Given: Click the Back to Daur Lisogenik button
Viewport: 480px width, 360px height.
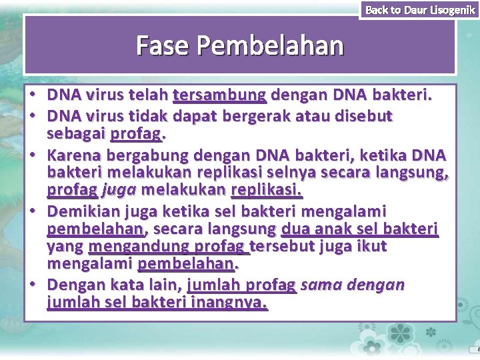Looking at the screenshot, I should pyautogui.click(x=419, y=9).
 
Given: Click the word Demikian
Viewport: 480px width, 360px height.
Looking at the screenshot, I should pyautogui.click(x=83, y=211).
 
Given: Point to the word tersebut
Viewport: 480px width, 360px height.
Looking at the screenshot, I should pyautogui.click(x=279, y=247).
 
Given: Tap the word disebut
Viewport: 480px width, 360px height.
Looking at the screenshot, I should pyautogui.click(x=369, y=117).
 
